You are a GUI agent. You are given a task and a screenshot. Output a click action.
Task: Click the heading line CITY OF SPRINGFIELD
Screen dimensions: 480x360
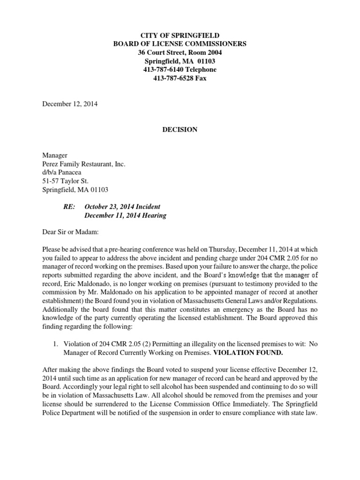coord(180,36)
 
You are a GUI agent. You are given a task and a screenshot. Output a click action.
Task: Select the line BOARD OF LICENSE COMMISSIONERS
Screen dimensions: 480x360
coord(180,44)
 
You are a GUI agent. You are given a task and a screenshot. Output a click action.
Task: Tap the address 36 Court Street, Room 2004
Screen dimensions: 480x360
coord(180,52)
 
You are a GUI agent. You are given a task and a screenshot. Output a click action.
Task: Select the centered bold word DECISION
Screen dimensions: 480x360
coord(180,130)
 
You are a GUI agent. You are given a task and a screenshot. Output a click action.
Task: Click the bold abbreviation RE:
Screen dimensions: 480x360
coord(70,207)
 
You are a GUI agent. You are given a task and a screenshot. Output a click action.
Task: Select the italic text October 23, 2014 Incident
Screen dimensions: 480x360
coord(122,207)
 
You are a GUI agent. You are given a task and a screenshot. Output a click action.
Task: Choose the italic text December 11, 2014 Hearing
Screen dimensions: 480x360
coord(125,216)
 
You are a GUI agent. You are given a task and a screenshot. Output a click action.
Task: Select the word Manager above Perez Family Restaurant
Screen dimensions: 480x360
coord(55,156)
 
